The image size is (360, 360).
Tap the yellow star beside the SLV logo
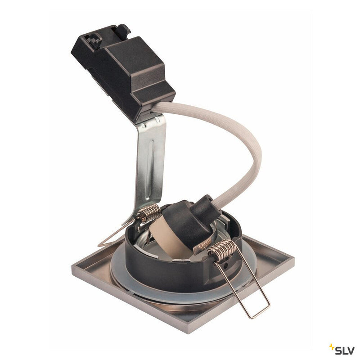[x=332, y=346]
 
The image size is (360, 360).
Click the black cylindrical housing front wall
[x=171, y=274]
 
